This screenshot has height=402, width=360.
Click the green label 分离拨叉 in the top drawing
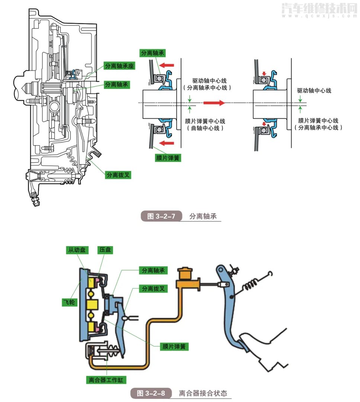119,174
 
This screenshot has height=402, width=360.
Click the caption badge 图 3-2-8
151,393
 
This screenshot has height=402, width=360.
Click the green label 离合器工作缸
106,380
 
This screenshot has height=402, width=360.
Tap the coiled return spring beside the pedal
251,287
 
